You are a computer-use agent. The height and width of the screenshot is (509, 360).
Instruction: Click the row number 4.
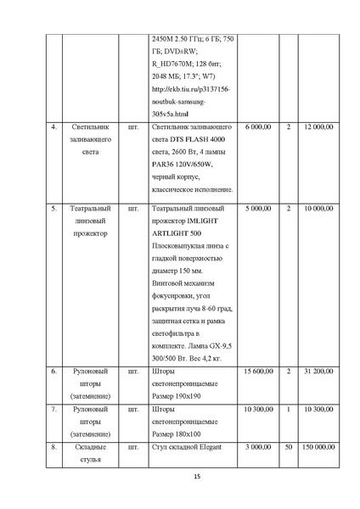point(54,126)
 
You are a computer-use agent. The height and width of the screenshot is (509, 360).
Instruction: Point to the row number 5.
point(54,207)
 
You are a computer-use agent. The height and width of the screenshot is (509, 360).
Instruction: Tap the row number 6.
point(54,371)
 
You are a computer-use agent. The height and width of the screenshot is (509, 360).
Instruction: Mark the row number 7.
point(54,409)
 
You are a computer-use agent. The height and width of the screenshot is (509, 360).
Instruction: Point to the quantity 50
point(289,446)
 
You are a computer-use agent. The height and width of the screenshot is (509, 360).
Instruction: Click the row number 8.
point(54,446)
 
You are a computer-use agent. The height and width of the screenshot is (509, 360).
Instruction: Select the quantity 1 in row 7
point(289,409)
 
